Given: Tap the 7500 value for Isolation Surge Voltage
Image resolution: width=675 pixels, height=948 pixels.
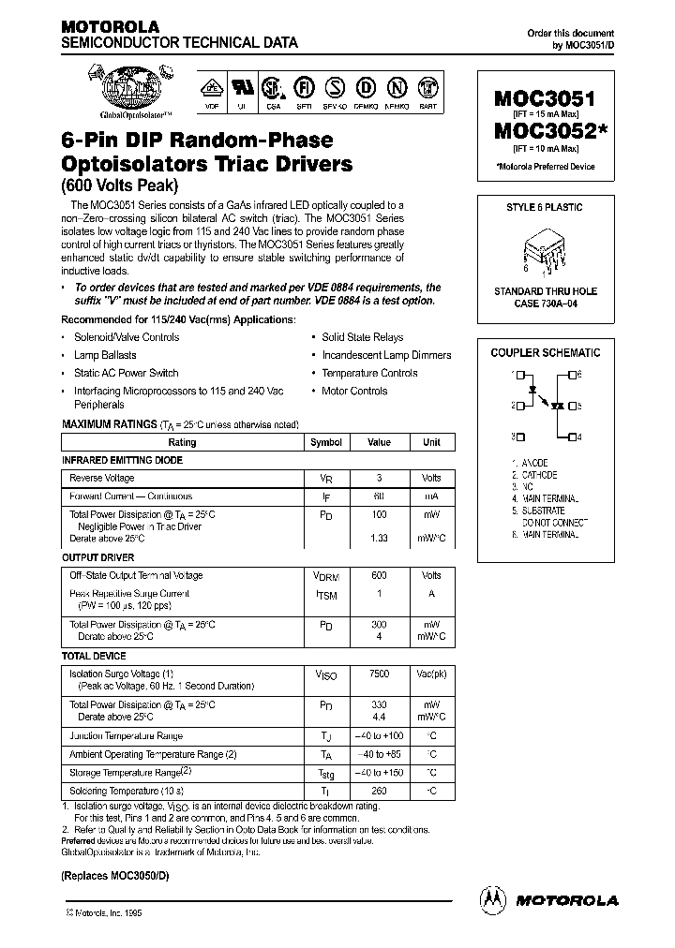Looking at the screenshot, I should click(x=379, y=674).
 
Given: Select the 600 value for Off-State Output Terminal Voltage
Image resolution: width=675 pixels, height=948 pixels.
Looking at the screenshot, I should click(x=379, y=575).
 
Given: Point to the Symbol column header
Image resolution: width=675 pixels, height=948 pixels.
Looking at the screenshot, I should click(x=325, y=442).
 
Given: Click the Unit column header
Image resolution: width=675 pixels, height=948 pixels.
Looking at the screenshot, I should click(x=431, y=442).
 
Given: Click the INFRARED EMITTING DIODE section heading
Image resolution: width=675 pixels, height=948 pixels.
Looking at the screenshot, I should click(x=122, y=460).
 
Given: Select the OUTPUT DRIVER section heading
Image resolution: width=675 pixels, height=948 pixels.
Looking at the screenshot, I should click(x=97, y=557).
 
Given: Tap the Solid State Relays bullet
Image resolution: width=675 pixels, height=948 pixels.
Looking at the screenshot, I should click(x=362, y=337).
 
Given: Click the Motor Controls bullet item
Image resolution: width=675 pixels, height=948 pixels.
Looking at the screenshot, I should click(x=354, y=391).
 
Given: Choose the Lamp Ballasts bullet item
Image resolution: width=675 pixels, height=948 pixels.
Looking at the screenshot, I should click(x=105, y=355).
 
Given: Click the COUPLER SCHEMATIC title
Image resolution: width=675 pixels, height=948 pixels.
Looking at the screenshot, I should click(x=546, y=353).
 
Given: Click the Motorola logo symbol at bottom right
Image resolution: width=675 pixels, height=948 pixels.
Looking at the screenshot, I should click(x=491, y=899).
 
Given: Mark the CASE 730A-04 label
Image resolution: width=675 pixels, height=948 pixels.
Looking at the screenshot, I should click(x=546, y=304).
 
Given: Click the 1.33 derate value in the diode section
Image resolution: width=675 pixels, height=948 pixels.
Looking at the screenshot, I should click(x=379, y=538).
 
